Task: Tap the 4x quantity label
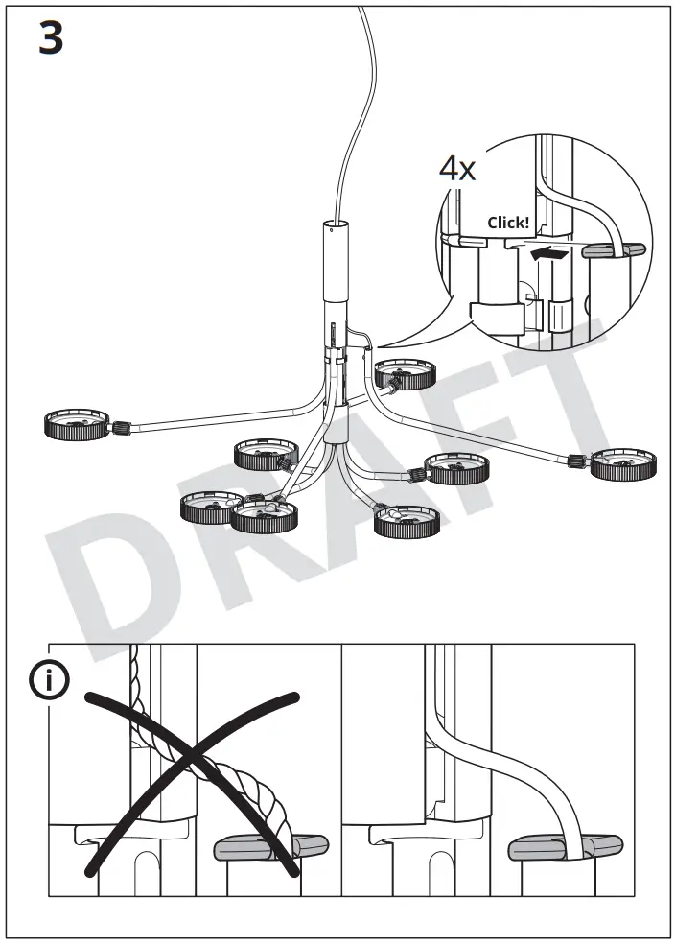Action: pyautogui.click(x=457, y=169)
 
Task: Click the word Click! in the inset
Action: pyautogui.click(x=507, y=223)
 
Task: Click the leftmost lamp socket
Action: pyautogui.click(x=75, y=424)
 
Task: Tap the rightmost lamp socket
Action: pyautogui.click(x=624, y=464)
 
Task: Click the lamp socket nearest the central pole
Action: pyautogui.click(x=404, y=373)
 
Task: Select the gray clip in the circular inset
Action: pyautogui.click(x=605, y=251)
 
